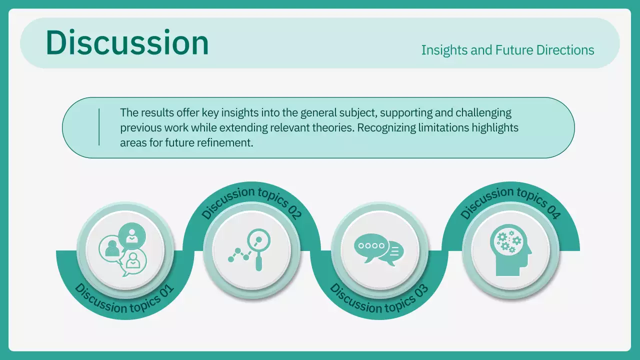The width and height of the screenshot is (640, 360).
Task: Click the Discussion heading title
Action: tap(127, 43)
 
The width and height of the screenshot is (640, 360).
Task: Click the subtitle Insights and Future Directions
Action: tap(507, 50)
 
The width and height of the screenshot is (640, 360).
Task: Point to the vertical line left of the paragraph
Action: tap(99, 127)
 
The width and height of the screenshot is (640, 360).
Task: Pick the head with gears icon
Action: tap(510, 250)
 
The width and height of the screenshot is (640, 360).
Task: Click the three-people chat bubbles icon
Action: tap(124, 248)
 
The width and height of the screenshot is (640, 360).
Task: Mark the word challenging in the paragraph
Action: tap(483, 112)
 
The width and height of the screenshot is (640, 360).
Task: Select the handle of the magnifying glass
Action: tap(258, 262)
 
